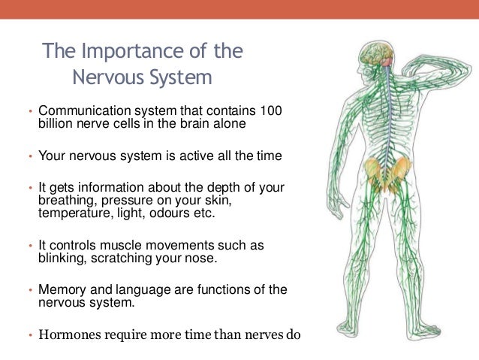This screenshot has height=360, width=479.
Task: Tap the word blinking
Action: point(62,259)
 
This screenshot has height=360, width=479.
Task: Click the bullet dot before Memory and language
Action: point(31,291)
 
